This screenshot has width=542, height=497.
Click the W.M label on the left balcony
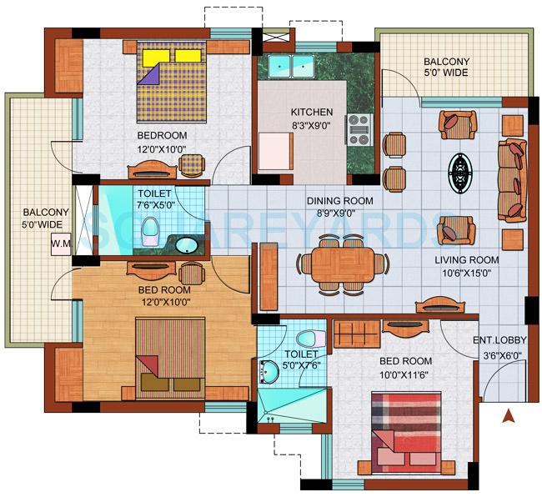tap(60, 244)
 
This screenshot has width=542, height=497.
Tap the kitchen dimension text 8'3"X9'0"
tap(311, 127)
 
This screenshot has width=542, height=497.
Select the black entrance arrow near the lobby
tap(505, 414)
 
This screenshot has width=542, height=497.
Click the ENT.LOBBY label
tap(498, 340)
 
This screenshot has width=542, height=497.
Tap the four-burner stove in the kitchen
tap(359, 129)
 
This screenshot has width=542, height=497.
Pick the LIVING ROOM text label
tap(465, 260)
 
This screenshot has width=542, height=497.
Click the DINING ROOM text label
tap(339, 201)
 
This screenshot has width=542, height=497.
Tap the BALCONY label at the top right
tap(446, 62)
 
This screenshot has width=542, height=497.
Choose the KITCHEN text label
tap(311, 113)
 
